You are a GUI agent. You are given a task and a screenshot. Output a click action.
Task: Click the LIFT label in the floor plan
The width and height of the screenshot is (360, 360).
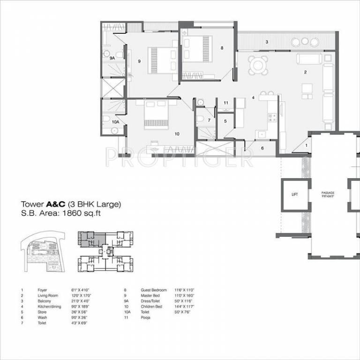pyautogui.click(x=294, y=194)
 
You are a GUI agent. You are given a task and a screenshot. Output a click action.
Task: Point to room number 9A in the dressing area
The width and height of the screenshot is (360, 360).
pyautogui.click(x=112, y=58)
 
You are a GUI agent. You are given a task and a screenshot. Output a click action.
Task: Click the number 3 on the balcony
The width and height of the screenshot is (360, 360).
pyautogui.click(x=267, y=42)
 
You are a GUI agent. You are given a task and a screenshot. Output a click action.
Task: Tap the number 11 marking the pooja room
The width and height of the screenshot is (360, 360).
pyautogui.click(x=225, y=102)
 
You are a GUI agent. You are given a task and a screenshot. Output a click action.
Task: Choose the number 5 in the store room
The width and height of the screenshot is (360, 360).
pyautogui.click(x=225, y=121)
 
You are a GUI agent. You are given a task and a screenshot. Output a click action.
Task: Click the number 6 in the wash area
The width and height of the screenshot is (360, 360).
pyautogui.click(x=262, y=148)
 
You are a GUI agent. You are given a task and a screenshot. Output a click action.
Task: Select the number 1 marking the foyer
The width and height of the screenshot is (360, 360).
pyautogui.click(x=307, y=146)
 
